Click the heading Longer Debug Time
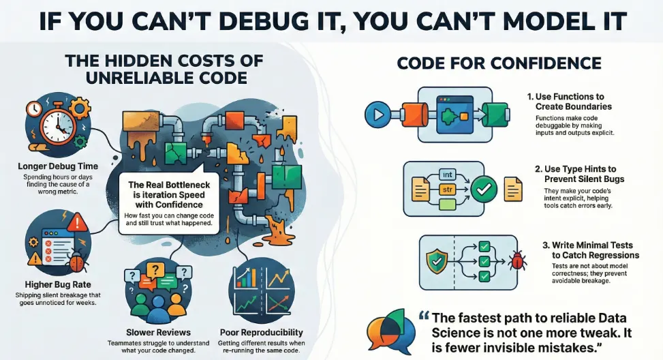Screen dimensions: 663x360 [58, 166]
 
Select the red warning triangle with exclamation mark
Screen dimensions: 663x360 [77, 222]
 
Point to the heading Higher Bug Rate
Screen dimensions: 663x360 [58, 284]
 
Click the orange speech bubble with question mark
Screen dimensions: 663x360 [155, 271]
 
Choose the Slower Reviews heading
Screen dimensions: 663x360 [158, 332]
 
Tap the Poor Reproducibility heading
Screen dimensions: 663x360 [261, 332]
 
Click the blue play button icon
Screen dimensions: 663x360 [377, 115]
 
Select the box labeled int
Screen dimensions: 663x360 [447, 175]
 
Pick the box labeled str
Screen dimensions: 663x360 [447, 190]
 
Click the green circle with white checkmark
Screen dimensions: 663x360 [484, 189]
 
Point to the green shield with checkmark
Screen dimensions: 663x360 [437, 261]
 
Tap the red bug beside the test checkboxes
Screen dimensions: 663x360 [518, 260]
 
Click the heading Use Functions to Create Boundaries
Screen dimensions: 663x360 [569, 102]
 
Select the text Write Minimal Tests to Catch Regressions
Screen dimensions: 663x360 [591, 250]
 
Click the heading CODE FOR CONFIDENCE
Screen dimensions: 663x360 [499, 63]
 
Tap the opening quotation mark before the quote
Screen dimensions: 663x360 [424, 316]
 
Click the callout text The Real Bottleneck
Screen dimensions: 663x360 [169, 185]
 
